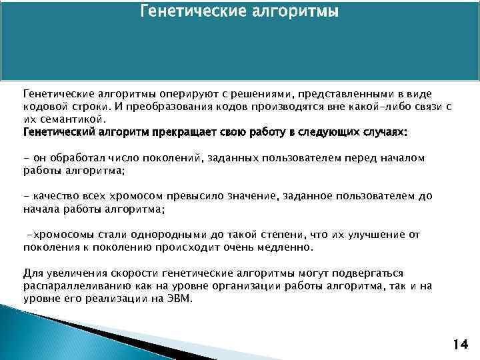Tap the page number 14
459,345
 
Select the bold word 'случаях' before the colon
379,132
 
